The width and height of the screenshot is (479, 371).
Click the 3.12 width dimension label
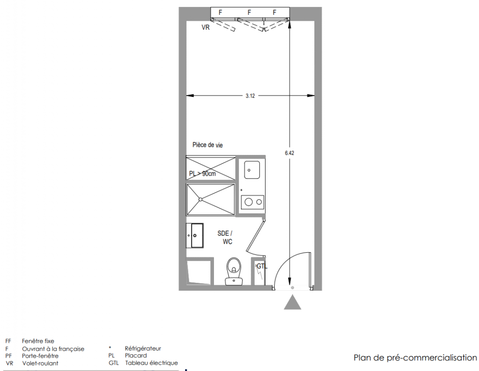pyautogui.click(x=250, y=96)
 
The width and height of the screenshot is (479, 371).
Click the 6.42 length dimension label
pyautogui.click(x=289, y=153)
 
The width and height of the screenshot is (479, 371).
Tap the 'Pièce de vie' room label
pyautogui.click(x=207, y=145)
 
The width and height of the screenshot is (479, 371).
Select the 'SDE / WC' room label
pyautogui.click(x=225, y=237)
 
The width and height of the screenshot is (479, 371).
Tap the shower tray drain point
pyautogui.click(x=201, y=199)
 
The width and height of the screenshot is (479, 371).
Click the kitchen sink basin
pyautogui.click(x=252, y=170)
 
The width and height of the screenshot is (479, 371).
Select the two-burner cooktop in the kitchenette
pyautogui.click(x=252, y=202)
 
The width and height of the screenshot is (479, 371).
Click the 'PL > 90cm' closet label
pyautogui.click(x=202, y=173)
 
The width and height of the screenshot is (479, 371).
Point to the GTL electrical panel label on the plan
pyautogui.click(x=262, y=266)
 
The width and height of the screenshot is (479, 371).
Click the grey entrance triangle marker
pyautogui.click(x=292, y=302)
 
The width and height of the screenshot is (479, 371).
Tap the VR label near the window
pyautogui.click(x=206, y=27)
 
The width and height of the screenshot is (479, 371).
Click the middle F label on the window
pyautogui.click(x=249, y=13)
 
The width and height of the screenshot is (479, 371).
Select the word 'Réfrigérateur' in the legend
pyautogui.click(x=142, y=348)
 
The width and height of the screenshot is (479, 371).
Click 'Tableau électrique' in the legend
pyautogui.click(x=151, y=363)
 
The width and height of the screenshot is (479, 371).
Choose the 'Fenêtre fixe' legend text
pyautogui.click(x=38, y=341)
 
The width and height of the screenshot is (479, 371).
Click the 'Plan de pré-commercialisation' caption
pyautogui.click(x=415, y=358)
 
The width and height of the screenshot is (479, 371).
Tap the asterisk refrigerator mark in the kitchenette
pyautogui.click(x=241, y=191)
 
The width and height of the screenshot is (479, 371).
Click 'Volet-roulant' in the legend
pyautogui.click(x=40, y=363)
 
